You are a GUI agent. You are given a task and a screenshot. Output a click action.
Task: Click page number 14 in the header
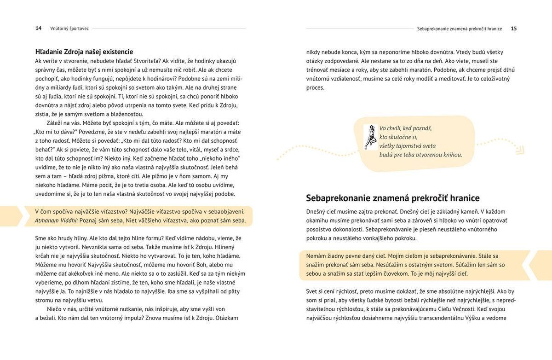tap(39, 29)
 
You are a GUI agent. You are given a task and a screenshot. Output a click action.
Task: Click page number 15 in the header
tap(514, 29)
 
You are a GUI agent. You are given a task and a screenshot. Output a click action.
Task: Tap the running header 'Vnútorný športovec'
tap(69, 29)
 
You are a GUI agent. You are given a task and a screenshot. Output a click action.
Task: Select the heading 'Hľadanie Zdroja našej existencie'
tap(84, 52)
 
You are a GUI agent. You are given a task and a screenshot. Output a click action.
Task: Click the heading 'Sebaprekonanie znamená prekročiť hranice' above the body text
tap(393, 198)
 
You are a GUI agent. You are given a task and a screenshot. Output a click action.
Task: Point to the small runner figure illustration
tap(370, 137)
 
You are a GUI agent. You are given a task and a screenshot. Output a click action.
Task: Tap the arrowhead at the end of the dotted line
tap(520, 150)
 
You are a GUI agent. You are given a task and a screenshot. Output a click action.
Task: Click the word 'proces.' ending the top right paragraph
tap(316, 87)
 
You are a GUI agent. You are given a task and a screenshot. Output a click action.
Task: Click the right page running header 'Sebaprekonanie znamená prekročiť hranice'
tap(460, 29)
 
